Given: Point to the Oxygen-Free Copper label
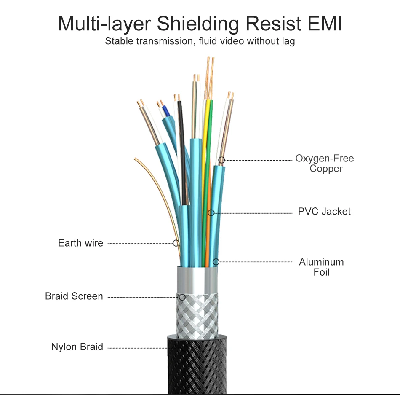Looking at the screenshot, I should point(325,164).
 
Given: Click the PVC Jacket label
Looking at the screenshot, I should point(324,211).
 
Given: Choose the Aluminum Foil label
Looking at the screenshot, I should point(321,267).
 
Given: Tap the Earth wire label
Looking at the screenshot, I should point(80,243).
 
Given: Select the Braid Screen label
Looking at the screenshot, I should point(74,296).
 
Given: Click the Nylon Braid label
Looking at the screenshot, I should point(77,347).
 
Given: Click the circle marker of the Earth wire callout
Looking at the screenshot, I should point(176,243).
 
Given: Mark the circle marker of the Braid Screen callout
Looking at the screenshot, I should point(182,297).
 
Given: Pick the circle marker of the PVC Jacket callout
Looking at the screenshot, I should point(211,213).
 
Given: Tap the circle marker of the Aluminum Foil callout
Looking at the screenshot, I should point(216,262).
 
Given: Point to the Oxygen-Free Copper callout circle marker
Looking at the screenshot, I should point(221,160).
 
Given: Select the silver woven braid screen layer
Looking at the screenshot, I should point(197,314).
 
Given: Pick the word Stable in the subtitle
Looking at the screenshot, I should point(118,41).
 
